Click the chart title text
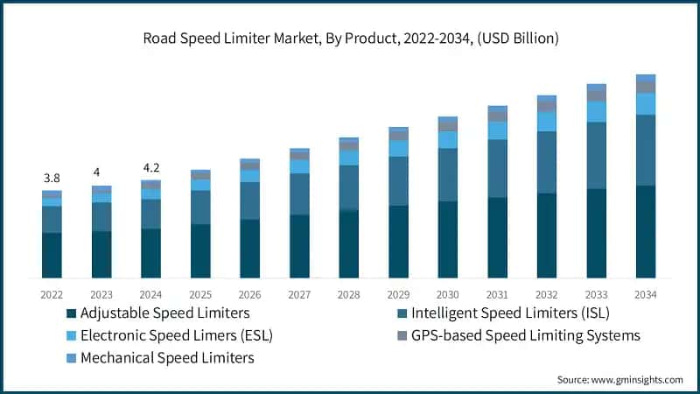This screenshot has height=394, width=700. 350,38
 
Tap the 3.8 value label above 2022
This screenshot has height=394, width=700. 52,178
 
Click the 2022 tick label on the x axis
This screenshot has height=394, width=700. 52,294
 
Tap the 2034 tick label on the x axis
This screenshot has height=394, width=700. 646,294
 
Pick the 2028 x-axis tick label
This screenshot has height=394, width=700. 349,294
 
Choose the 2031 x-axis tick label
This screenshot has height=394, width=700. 497,294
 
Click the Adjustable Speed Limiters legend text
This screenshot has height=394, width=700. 165,313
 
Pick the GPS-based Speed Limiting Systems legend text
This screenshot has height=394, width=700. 526,335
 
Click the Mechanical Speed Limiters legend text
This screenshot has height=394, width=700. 167,357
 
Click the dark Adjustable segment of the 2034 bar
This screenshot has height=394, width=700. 646,232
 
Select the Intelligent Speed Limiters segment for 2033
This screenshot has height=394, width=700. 596,155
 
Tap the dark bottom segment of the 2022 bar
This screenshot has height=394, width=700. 52,256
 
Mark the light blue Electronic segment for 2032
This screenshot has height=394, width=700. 547,122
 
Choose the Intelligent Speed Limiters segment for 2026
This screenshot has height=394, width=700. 250,201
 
